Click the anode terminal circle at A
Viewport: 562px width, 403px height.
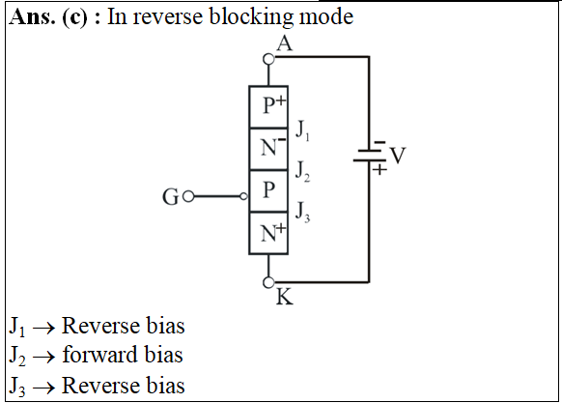[268, 59]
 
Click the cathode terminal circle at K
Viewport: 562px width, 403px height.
[268, 282]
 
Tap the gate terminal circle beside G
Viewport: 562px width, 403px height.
[188, 196]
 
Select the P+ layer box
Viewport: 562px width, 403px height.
[268, 107]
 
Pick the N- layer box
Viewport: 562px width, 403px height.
[268, 149]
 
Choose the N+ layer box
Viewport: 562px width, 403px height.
[268, 233]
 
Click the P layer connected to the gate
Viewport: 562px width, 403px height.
[268, 191]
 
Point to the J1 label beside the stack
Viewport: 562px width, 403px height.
[302, 130]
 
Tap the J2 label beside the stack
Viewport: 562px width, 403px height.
[302, 171]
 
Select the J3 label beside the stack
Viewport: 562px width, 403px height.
[302, 212]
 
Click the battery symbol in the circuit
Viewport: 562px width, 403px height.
[370, 155]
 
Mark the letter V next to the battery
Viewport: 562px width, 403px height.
[398, 156]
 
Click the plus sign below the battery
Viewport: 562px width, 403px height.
[379, 169]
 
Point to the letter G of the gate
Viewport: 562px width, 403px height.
[170, 197]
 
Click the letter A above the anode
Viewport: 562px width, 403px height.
[285, 43]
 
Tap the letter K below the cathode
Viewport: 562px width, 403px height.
[285, 297]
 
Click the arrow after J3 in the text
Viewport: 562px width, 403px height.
[43, 388]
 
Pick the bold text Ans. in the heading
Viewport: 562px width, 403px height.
[32, 16]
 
